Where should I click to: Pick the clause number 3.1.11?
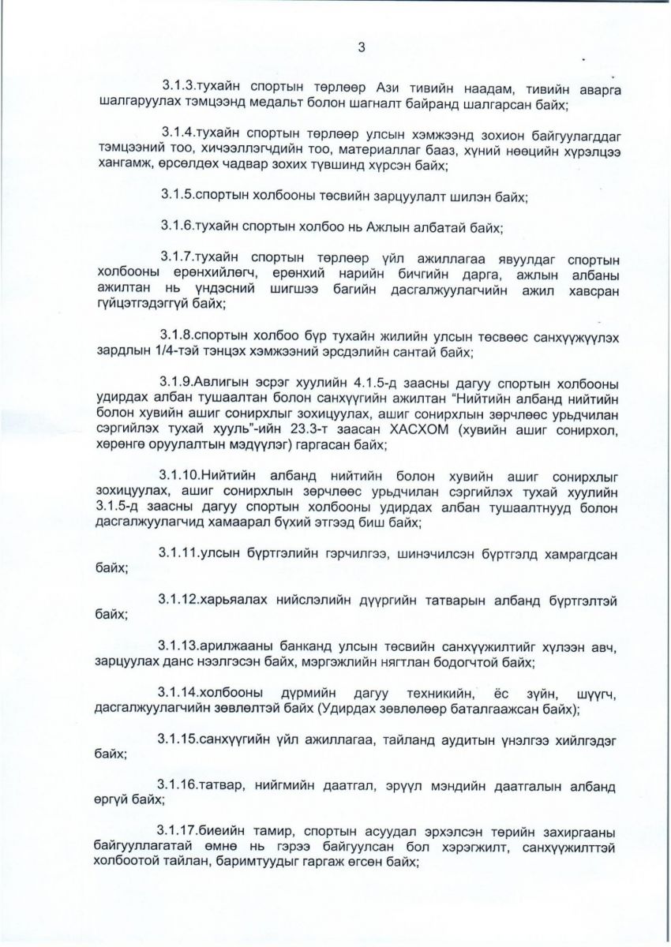pos(181,553)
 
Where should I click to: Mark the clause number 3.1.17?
pos(181,835)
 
